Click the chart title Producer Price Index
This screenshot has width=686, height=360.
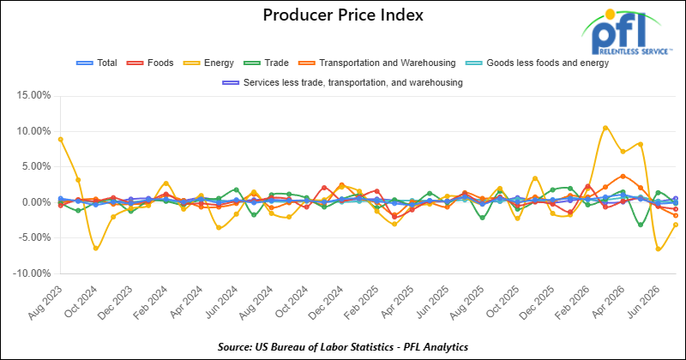(343, 15)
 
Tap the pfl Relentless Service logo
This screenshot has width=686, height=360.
(626, 33)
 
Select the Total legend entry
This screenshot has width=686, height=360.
(97, 63)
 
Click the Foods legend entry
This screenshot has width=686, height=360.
(150, 63)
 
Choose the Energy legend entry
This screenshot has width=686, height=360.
(208, 63)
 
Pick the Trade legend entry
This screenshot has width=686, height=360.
(266, 63)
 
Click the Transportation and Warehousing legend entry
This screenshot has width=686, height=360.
(376, 63)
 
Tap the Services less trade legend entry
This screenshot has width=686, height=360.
(342, 82)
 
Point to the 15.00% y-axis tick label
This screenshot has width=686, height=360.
(34, 95)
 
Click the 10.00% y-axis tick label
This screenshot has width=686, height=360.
(34, 131)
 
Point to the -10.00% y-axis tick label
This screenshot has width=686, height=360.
(33, 273)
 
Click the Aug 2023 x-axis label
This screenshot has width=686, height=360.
(45, 303)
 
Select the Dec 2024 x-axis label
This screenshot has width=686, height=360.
(326, 303)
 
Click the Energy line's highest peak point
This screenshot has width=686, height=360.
(605, 129)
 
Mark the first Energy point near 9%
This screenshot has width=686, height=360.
(60, 140)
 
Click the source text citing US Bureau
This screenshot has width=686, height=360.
(343, 347)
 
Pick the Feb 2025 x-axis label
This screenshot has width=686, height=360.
(361, 303)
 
